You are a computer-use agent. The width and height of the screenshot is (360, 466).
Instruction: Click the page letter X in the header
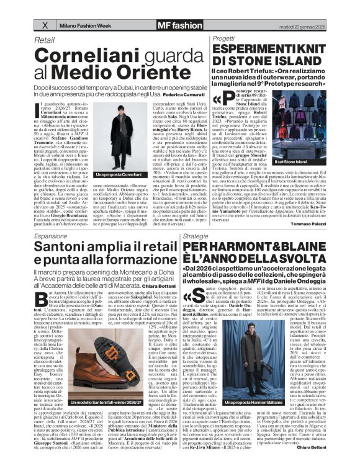44,25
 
